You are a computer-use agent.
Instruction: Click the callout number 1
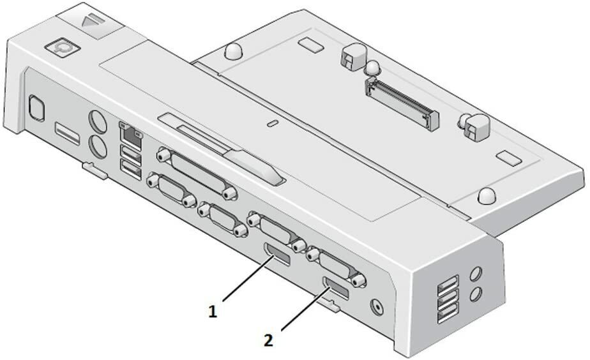tap(213, 311)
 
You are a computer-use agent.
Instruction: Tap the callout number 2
tap(268, 340)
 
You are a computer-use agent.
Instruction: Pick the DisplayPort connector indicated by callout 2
tap(335, 289)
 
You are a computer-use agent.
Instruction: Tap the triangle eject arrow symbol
tap(88, 20)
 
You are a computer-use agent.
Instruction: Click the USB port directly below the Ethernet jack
tap(130, 154)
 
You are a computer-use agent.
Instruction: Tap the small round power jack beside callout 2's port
tap(377, 306)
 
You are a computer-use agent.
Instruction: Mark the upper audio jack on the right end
tap(476, 273)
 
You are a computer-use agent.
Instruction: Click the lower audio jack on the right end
tap(476, 294)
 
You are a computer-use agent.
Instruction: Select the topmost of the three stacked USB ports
tap(448, 283)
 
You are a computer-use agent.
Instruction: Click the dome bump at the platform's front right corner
tap(487, 195)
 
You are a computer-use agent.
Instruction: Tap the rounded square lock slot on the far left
tap(37, 109)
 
